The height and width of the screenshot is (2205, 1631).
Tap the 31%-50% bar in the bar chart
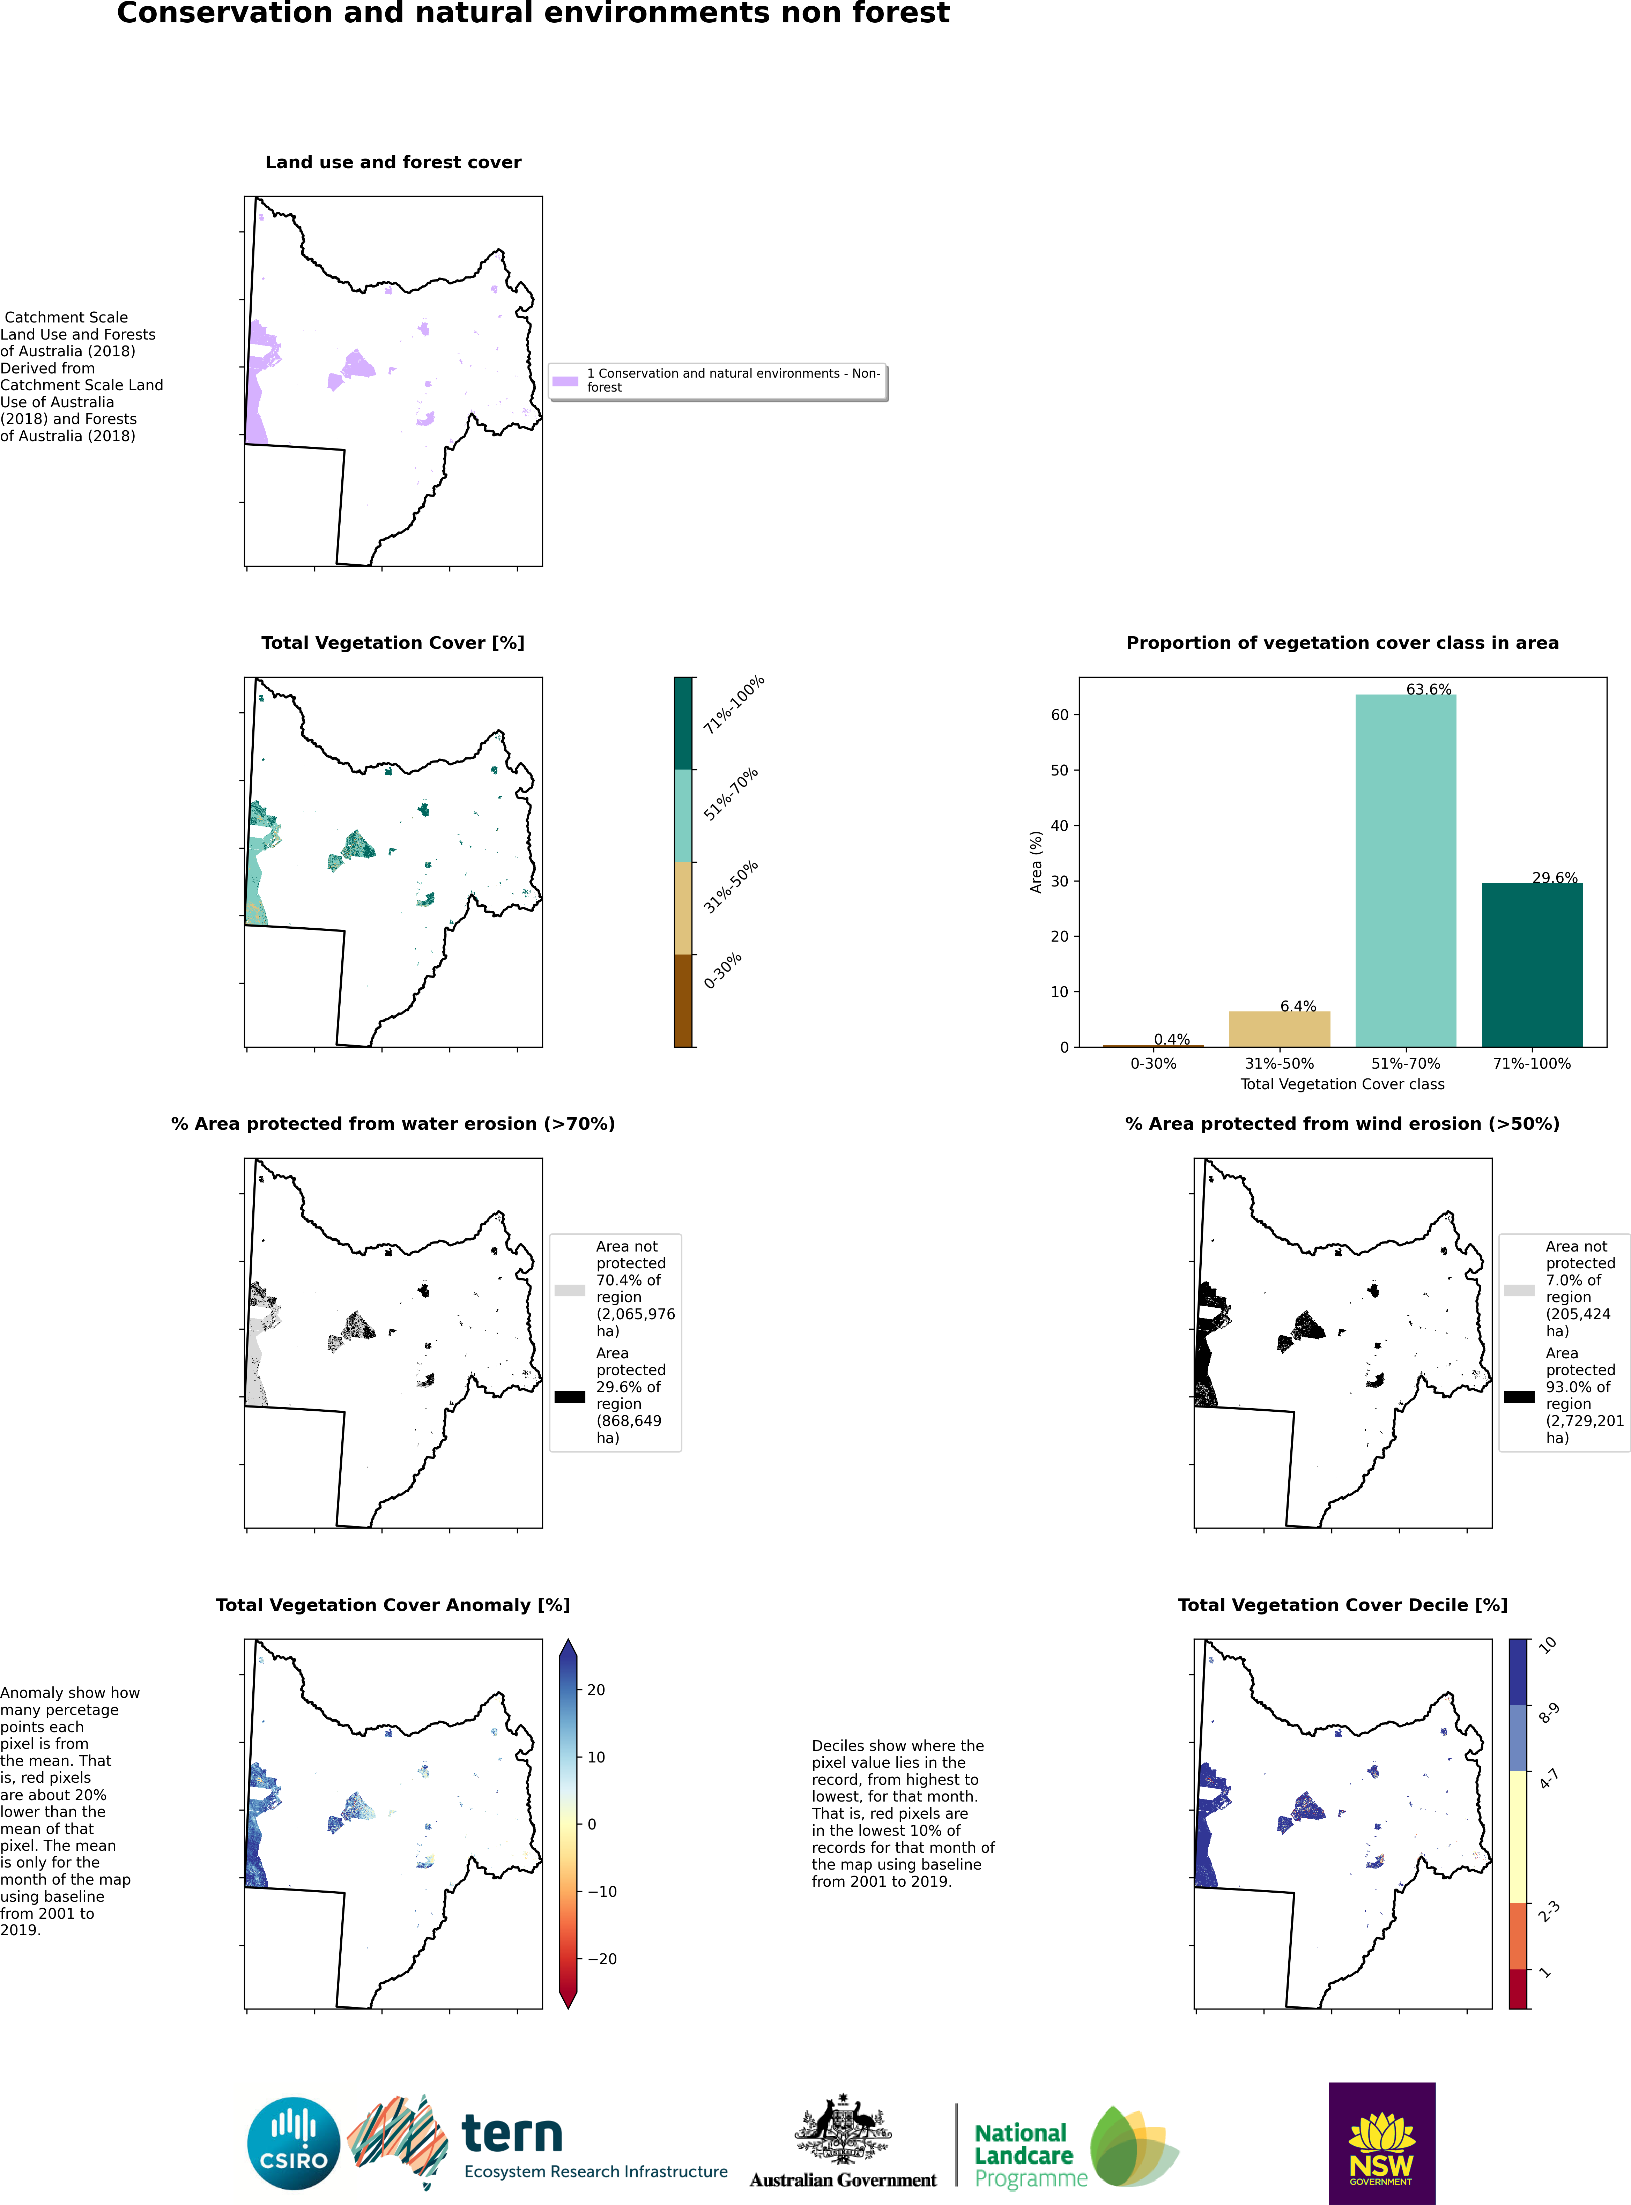[x=1280, y=1029]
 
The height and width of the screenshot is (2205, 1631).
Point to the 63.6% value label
[x=1429, y=689]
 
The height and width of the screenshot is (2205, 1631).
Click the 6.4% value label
[x=1298, y=1006]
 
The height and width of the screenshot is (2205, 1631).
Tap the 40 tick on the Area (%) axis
[x=1059, y=825]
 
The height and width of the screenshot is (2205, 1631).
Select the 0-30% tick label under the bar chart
[x=1153, y=1063]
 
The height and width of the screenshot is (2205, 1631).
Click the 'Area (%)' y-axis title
[x=1036, y=862]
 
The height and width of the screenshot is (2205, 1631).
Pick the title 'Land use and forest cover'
[x=393, y=162]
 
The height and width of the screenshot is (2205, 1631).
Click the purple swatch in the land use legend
[x=565, y=381]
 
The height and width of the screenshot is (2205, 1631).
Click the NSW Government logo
[x=1381, y=2143]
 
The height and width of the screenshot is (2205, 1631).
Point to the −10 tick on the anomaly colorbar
[x=602, y=1891]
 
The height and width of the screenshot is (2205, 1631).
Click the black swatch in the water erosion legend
[x=570, y=1396]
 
